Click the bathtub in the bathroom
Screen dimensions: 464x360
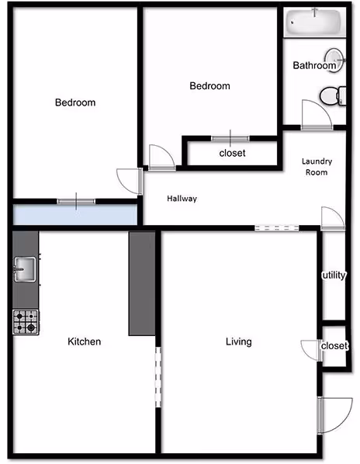pos(315,23)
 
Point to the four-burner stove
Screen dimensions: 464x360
pos(25,321)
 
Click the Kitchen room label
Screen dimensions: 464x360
pos(85,341)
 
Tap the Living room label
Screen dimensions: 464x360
pos(238,341)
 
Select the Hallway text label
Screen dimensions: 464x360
pos(182,199)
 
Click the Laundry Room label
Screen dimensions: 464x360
pos(317,166)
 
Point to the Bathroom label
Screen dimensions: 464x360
pos(313,66)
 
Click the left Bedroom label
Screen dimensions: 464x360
pos(75,102)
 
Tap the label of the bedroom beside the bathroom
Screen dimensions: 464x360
pos(209,86)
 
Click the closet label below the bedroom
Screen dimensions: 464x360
pos(232,153)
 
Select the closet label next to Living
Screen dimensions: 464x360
pos(334,346)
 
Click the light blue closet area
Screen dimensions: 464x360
pos(74,213)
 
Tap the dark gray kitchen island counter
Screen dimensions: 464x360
pos(142,283)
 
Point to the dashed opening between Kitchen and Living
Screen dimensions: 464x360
pos(158,376)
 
